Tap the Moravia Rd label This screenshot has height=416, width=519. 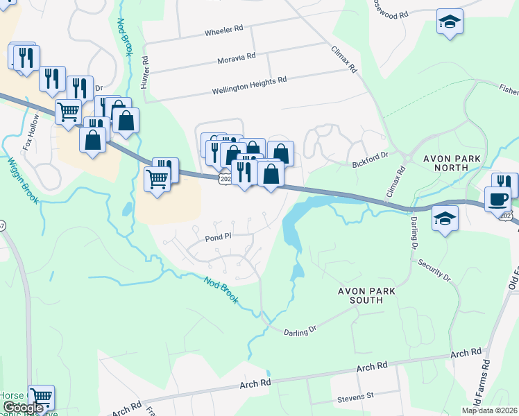tap(236, 55)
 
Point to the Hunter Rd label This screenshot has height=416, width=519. tap(145, 72)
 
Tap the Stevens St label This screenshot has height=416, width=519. tap(355, 396)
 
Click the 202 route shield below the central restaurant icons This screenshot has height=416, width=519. tap(224, 180)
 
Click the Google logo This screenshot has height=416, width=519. tap(24, 408)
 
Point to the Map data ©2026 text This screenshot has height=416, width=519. tap(489, 410)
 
